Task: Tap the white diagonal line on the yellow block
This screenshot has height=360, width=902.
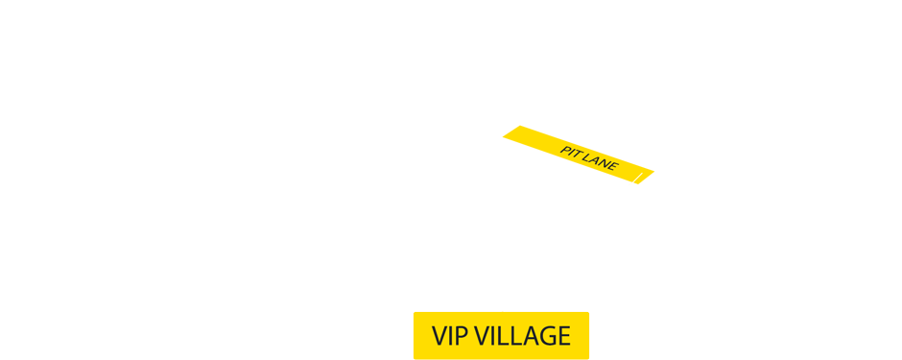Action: pyautogui.click(x=635, y=179)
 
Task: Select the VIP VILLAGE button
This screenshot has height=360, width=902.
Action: pyautogui.click(x=501, y=336)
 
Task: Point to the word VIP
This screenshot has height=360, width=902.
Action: pyautogui.click(x=449, y=336)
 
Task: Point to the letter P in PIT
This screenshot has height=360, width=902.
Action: pyautogui.click(x=564, y=150)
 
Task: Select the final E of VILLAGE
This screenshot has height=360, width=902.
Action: pyautogui.click(x=563, y=336)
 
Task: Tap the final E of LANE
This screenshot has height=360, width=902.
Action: pyautogui.click(x=612, y=168)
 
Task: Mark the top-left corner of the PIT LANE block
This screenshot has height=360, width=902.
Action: pyautogui.click(x=503, y=126)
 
